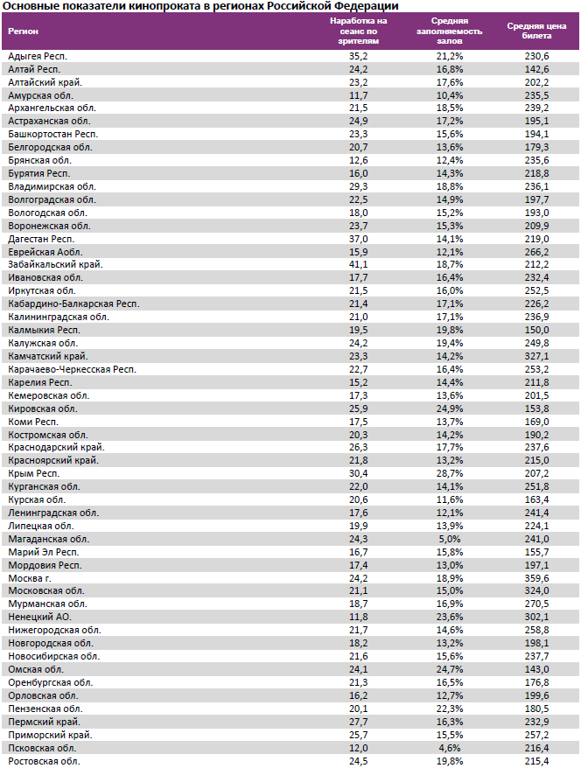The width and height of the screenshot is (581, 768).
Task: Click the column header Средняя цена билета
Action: pos(531,31)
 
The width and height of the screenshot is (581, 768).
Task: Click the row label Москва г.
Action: pos(30,578)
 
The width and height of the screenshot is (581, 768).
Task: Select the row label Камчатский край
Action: pos(47,356)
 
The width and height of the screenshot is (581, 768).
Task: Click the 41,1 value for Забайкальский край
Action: pos(358,264)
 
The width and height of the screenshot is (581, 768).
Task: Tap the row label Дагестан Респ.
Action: pos(41,238)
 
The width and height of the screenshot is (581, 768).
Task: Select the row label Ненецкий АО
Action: pos(39,618)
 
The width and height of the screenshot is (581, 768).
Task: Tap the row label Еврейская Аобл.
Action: pos(45,251)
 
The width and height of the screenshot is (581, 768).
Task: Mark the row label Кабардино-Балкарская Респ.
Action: pos(73,304)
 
